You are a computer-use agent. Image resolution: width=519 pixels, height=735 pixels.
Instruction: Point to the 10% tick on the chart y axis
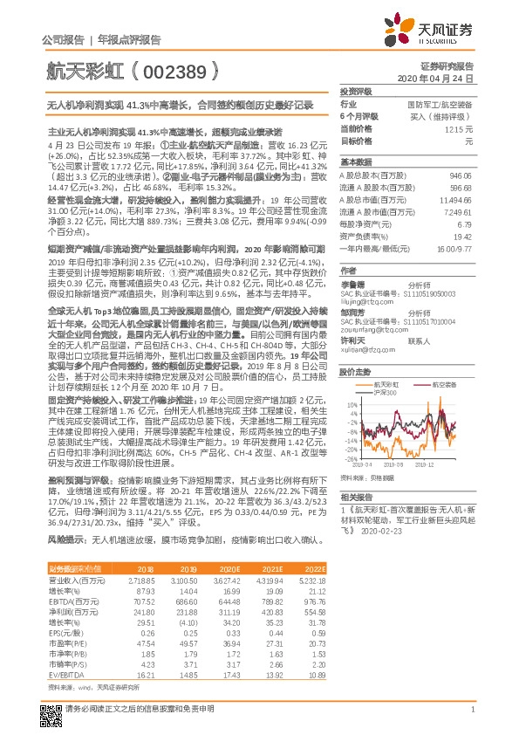(351, 403)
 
